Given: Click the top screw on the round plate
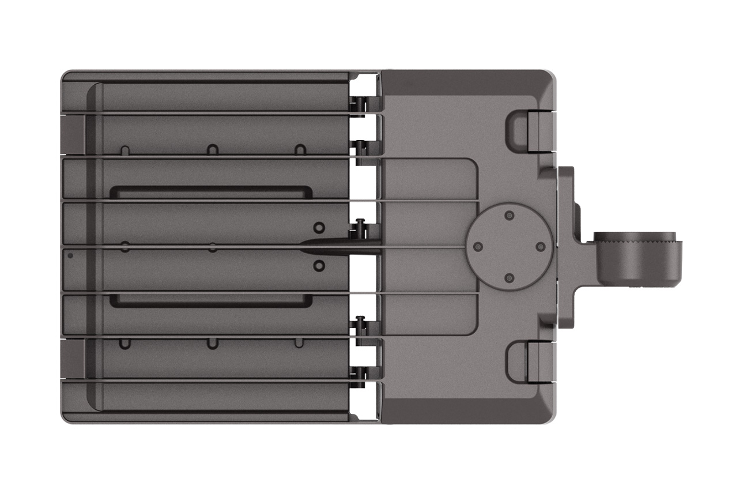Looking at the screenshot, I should [508, 216].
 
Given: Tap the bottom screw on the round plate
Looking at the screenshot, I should [508, 278].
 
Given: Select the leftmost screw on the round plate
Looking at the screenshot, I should [477, 247].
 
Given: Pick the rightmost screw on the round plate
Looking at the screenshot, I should [540, 247].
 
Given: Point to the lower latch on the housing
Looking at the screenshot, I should [522, 361].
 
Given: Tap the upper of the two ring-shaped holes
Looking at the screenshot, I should [318, 226].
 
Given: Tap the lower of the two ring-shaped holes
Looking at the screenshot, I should [318, 266].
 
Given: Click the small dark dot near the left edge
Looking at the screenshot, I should [70, 255].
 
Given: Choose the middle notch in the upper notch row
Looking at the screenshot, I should [212, 149].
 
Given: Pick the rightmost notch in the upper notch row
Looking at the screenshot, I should [299, 149].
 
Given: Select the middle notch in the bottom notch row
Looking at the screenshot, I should [212, 344].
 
